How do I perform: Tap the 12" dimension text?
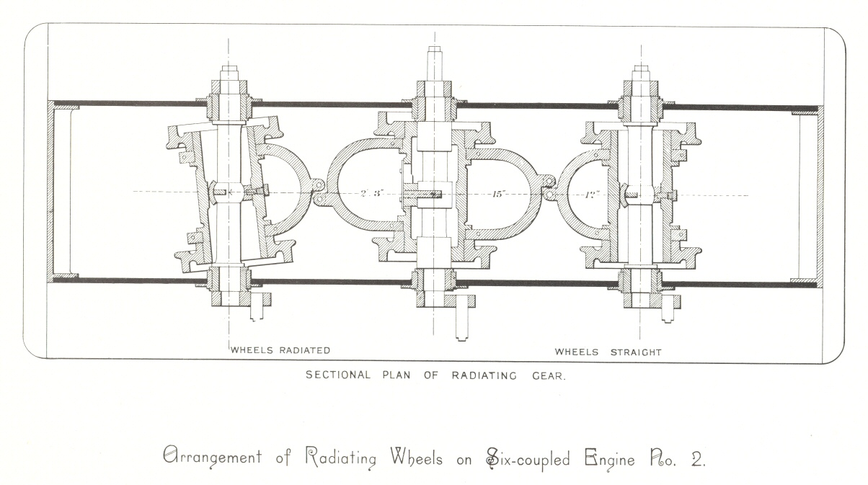(593, 193)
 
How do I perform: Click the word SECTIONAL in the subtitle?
(338, 375)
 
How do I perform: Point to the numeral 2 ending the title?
(697, 459)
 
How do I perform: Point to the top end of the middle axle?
(434, 52)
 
